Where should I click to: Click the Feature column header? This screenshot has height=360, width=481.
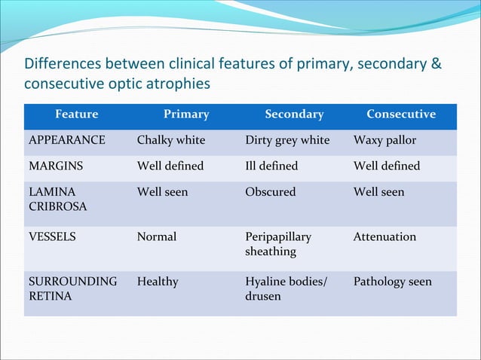click(x=76, y=114)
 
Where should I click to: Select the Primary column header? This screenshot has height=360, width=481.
click(x=186, y=114)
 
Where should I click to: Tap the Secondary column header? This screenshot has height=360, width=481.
click(x=294, y=114)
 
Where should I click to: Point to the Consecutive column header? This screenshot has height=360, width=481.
click(x=401, y=114)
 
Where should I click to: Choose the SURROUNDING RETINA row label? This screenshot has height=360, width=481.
click(x=72, y=288)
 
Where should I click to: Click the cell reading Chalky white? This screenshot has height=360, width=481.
click(x=171, y=140)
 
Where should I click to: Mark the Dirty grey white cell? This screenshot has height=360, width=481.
click(x=287, y=140)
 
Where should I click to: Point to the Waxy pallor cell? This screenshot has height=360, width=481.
click(x=384, y=140)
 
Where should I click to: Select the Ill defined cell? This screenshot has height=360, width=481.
click(x=271, y=166)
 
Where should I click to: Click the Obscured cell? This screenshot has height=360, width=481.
click(x=271, y=192)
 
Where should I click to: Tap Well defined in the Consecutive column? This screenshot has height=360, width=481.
click(x=387, y=166)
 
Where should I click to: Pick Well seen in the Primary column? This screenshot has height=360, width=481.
click(x=162, y=192)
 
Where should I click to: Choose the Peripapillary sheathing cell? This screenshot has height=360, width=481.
click(x=278, y=243)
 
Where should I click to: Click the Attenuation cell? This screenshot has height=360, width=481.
click(x=384, y=236)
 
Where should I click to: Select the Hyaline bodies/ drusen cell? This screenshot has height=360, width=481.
click(x=286, y=288)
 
